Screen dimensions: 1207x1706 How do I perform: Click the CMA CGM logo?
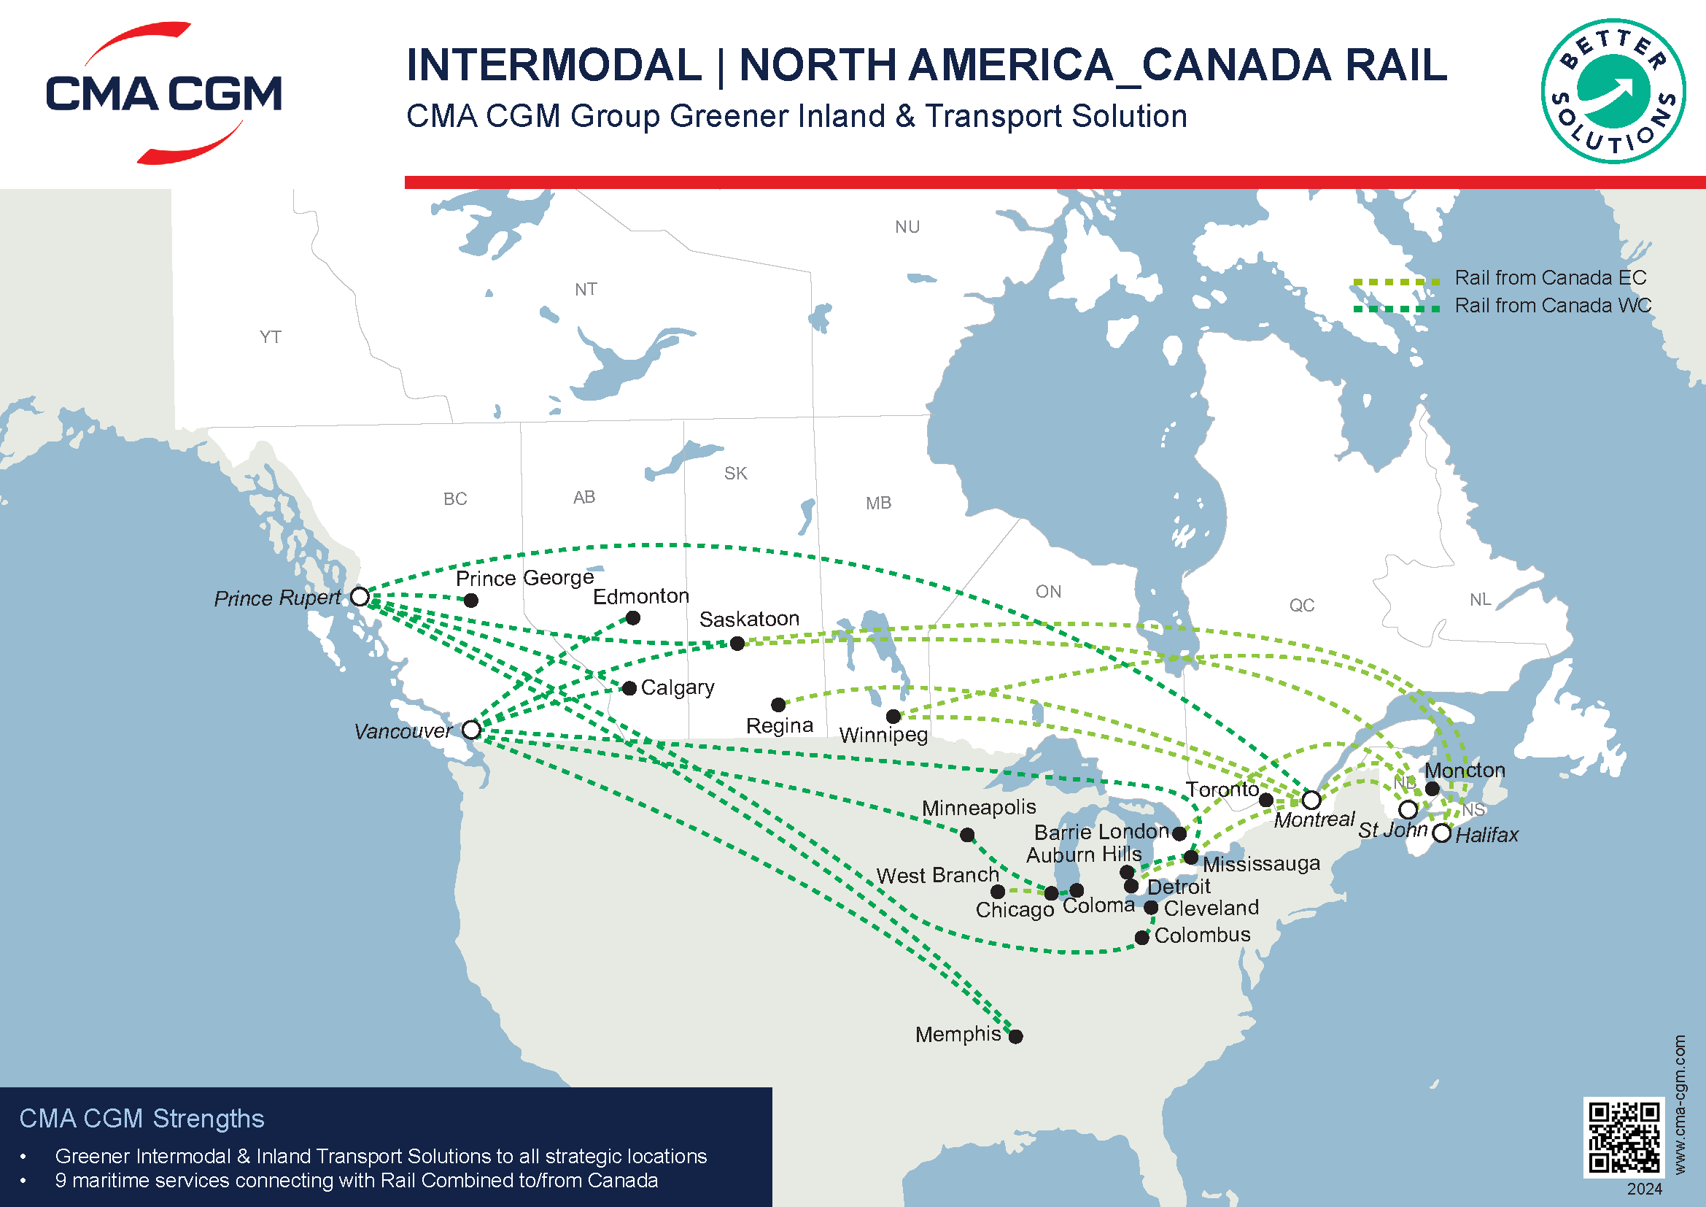163,93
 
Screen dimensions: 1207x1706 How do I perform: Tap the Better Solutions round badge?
1613,90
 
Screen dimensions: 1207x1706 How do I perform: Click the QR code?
1624,1137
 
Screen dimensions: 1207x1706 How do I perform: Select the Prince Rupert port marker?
360,596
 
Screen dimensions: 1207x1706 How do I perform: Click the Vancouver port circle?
471,729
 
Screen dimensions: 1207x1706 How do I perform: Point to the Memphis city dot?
1016,1036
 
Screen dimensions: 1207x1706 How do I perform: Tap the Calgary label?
678,687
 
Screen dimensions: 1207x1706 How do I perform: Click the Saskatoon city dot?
737,644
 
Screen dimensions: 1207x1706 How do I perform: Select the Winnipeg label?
883,735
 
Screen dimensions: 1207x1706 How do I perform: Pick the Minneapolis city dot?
967,835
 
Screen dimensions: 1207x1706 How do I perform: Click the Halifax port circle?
1441,833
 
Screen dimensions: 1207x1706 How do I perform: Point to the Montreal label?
1314,820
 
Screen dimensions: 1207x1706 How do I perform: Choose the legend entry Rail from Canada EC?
1550,278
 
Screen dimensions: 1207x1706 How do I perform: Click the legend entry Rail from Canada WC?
1552,306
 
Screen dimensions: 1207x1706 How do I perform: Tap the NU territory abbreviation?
907,227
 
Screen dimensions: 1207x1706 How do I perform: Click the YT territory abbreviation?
271,337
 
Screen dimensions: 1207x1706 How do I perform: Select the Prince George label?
524,577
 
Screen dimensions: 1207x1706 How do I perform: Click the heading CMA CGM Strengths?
142,1119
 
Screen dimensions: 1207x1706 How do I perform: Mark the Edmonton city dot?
633,617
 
